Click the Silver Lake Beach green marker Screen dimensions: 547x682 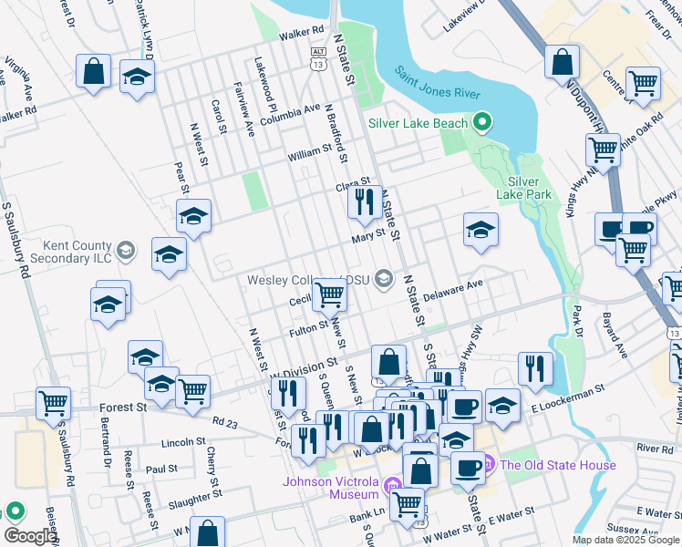[x=483, y=123]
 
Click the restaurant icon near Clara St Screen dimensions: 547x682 [x=365, y=202]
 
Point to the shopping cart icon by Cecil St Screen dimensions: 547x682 [x=329, y=294]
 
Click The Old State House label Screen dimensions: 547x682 [x=557, y=465]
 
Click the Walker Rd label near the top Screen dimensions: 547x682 [x=302, y=31]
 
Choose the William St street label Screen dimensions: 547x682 [x=310, y=152]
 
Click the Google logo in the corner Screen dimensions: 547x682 [x=30, y=536]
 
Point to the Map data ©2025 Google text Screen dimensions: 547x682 [x=625, y=540]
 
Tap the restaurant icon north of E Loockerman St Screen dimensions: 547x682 [x=535, y=368]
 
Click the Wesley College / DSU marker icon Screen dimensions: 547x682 [x=387, y=280]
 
